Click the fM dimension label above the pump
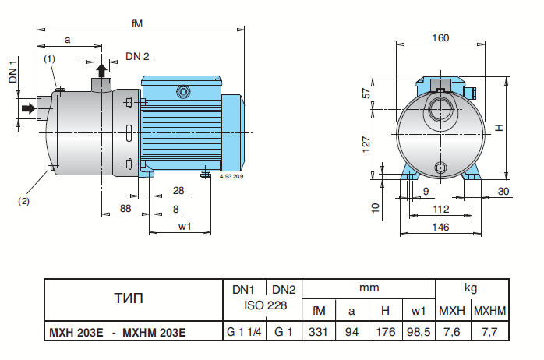[137, 23]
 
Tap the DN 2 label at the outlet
[137, 57]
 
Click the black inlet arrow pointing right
[29, 108]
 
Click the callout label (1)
[49, 58]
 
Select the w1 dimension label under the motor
[185, 227]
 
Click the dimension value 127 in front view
[366, 143]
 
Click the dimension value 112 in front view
[440, 208]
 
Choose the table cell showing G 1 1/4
[243, 333]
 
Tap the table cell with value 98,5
[419, 333]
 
